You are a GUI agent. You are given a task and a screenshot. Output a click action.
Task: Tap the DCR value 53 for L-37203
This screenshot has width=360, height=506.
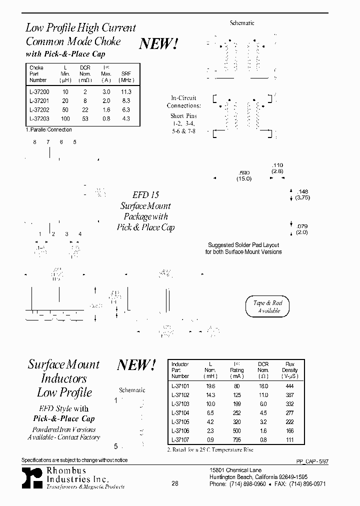coord(85,119)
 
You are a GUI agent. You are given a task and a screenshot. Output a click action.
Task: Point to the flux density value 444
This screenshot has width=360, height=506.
coord(289,386)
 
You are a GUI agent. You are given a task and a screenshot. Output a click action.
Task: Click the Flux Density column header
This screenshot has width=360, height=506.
coord(289,370)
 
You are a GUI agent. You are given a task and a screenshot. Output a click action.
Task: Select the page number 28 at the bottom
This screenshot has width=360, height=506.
coord(175,483)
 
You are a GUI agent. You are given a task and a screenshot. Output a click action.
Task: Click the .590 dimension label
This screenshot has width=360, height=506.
coord(244,172)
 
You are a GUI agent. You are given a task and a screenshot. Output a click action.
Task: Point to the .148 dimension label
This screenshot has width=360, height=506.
coord(302,191)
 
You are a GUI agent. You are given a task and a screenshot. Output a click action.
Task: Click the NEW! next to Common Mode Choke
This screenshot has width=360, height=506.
coord(158,44)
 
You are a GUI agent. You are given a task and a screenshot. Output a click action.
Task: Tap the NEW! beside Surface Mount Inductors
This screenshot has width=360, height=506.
coord(136,365)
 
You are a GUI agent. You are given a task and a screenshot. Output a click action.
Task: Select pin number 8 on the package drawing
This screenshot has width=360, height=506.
coord(35,142)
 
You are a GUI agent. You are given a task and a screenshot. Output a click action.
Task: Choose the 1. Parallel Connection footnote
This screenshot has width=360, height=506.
coord(49,130)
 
